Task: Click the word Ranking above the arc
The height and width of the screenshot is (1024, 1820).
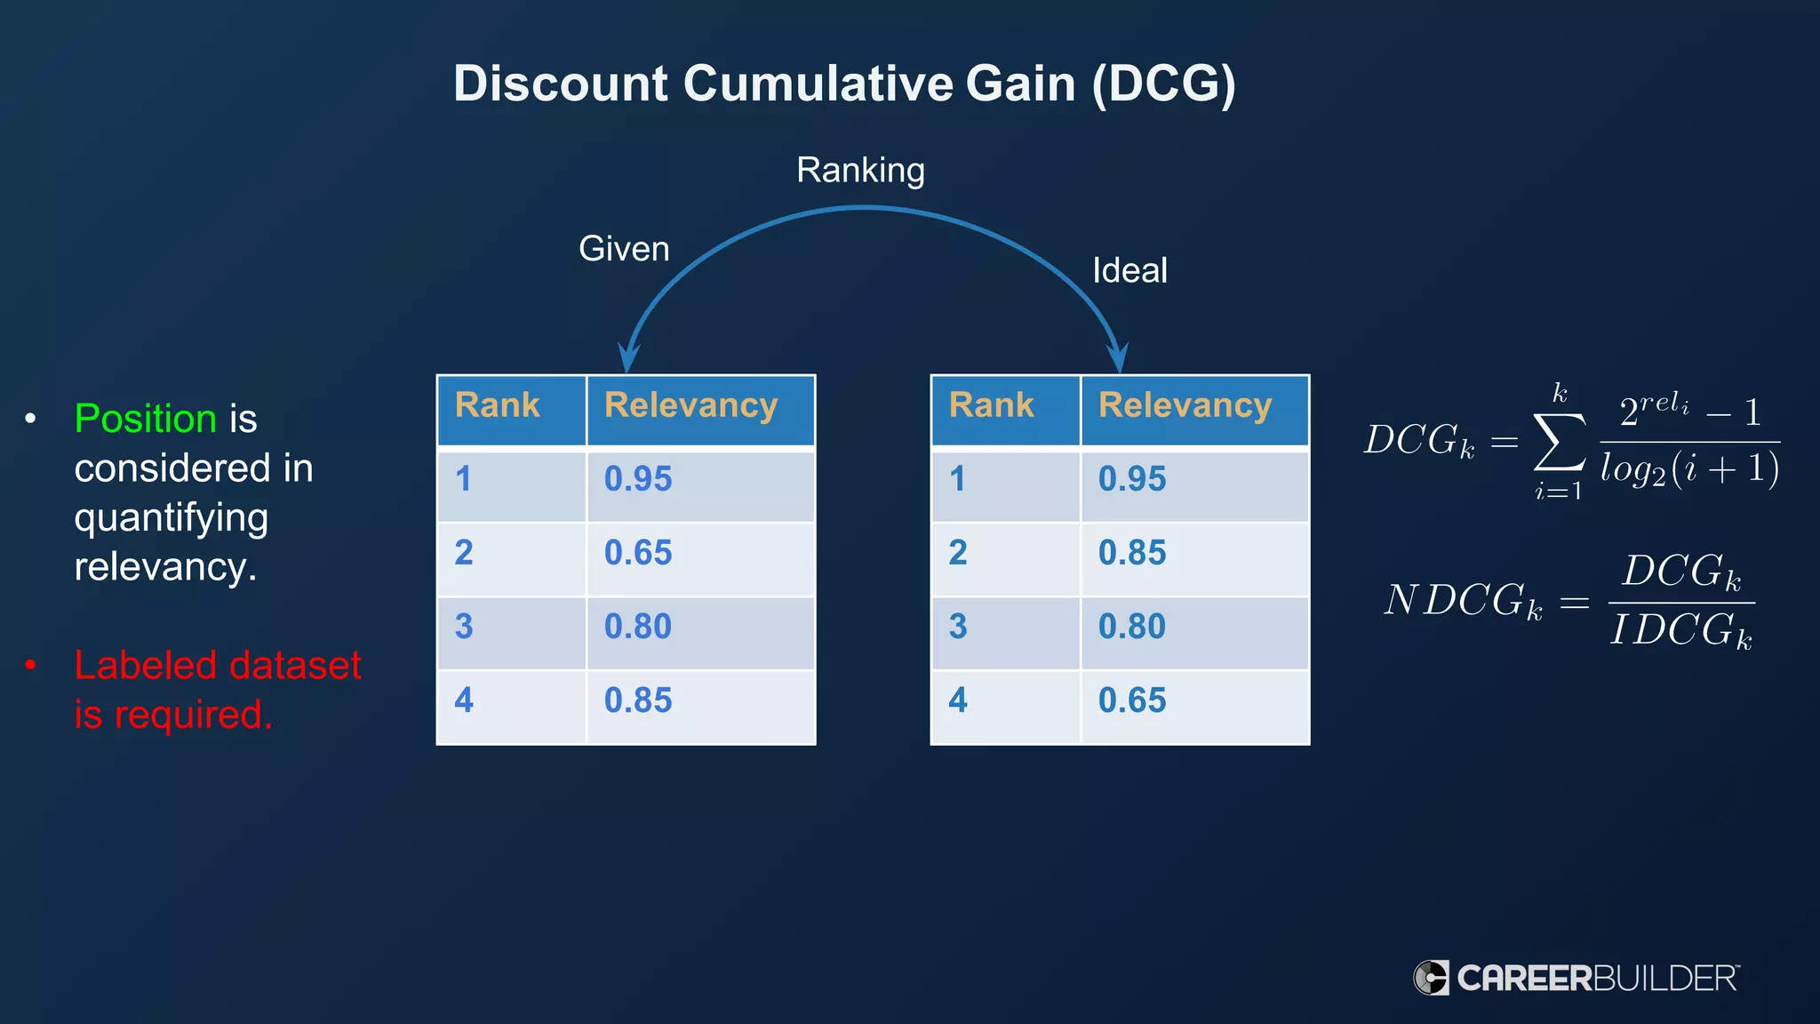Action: pyautogui.click(x=860, y=170)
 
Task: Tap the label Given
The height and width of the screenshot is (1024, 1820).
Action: pyautogui.click(x=624, y=249)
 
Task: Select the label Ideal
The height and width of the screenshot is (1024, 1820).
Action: pyautogui.click(x=1129, y=270)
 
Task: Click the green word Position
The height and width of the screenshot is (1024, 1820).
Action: pyautogui.click(x=146, y=419)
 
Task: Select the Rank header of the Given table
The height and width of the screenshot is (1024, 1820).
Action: pyautogui.click(x=498, y=405)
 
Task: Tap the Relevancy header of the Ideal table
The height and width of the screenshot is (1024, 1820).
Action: pyautogui.click(x=1185, y=405)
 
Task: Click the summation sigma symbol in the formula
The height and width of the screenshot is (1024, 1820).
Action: pyautogui.click(x=1559, y=442)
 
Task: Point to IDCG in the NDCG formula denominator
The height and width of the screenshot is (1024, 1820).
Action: pyautogui.click(x=1680, y=630)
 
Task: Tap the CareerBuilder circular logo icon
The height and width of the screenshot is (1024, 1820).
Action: pyautogui.click(x=1432, y=978)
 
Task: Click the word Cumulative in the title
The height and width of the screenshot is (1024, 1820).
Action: pyautogui.click(x=817, y=84)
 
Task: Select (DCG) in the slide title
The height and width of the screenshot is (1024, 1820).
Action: pyautogui.click(x=1163, y=84)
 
